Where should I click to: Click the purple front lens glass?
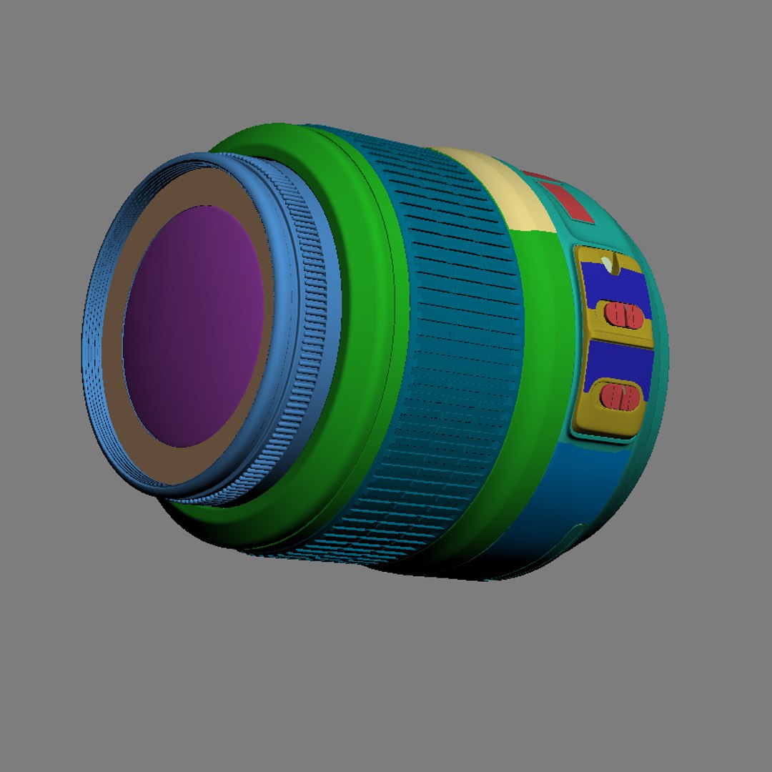193,325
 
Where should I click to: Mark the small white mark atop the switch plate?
607,263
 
